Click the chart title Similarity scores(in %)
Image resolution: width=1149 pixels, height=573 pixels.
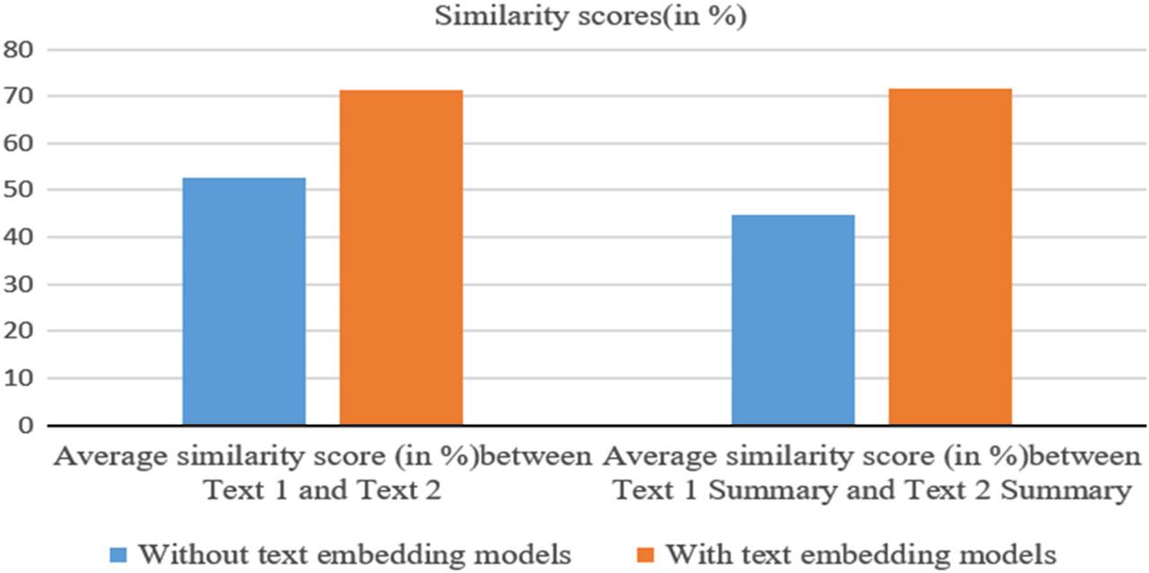click(x=591, y=18)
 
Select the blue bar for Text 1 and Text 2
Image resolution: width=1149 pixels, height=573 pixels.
click(x=244, y=301)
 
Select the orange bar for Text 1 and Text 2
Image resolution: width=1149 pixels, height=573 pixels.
click(x=401, y=257)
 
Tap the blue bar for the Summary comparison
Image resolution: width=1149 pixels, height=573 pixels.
click(x=794, y=320)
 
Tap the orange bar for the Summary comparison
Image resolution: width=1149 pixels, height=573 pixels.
click(x=950, y=256)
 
